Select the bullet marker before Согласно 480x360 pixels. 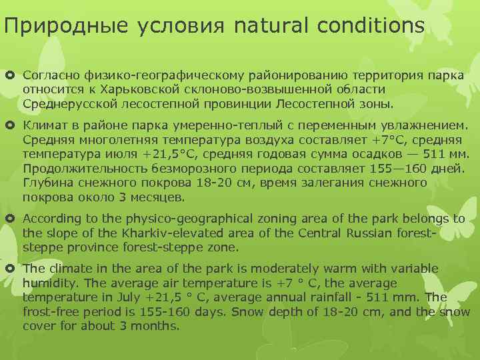(12, 75)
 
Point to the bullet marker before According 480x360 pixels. (12, 219)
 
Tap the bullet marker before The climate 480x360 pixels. (12, 269)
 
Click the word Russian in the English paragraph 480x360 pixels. (351, 233)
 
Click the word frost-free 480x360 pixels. (51, 312)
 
